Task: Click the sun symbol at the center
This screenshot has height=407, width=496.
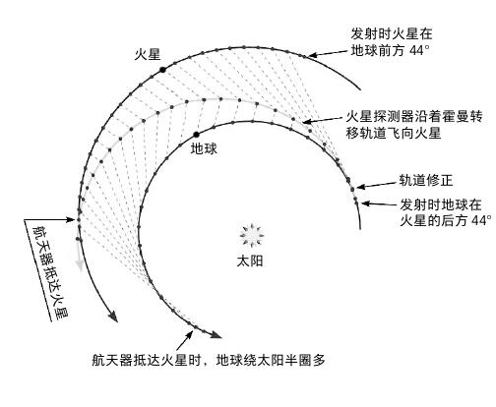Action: [252, 235]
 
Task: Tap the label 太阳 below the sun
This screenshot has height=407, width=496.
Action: [250, 262]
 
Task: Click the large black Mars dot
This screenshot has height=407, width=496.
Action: [162, 70]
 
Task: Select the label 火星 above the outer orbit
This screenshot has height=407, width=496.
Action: [148, 54]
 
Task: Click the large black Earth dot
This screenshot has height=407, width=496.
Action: [196, 135]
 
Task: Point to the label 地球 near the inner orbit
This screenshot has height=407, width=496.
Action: [204, 149]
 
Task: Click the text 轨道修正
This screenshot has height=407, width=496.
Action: [426, 180]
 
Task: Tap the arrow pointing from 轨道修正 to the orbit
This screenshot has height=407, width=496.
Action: [377, 185]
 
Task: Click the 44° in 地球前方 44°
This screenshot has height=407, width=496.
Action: [419, 51]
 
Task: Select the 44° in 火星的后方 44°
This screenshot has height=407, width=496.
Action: [481, 220]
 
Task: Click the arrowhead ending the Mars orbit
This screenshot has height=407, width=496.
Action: [113, 317]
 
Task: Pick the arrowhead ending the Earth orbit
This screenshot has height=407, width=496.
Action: [216, 334]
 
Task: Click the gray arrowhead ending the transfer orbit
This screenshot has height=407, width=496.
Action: [79, 265]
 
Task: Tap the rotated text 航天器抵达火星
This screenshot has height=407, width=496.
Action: [50, 271]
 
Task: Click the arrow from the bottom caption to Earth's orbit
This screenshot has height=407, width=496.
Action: [185, 340]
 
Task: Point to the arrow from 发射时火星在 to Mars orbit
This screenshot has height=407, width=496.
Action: [328, 53]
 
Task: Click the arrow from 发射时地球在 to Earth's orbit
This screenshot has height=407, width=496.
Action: [379, 204]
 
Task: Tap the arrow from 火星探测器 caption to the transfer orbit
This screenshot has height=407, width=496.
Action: [322, 120]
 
